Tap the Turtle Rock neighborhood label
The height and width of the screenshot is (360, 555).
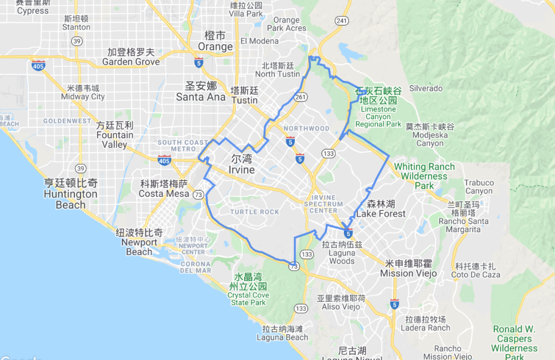click(x=255, y=212)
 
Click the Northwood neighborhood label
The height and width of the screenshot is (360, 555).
click(x=306, y=128)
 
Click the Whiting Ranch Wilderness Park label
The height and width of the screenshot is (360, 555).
click(x=424, y=175)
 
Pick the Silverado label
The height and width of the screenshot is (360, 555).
click(x=426, y=88)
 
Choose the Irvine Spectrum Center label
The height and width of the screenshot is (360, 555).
click(x=326, y=204)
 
